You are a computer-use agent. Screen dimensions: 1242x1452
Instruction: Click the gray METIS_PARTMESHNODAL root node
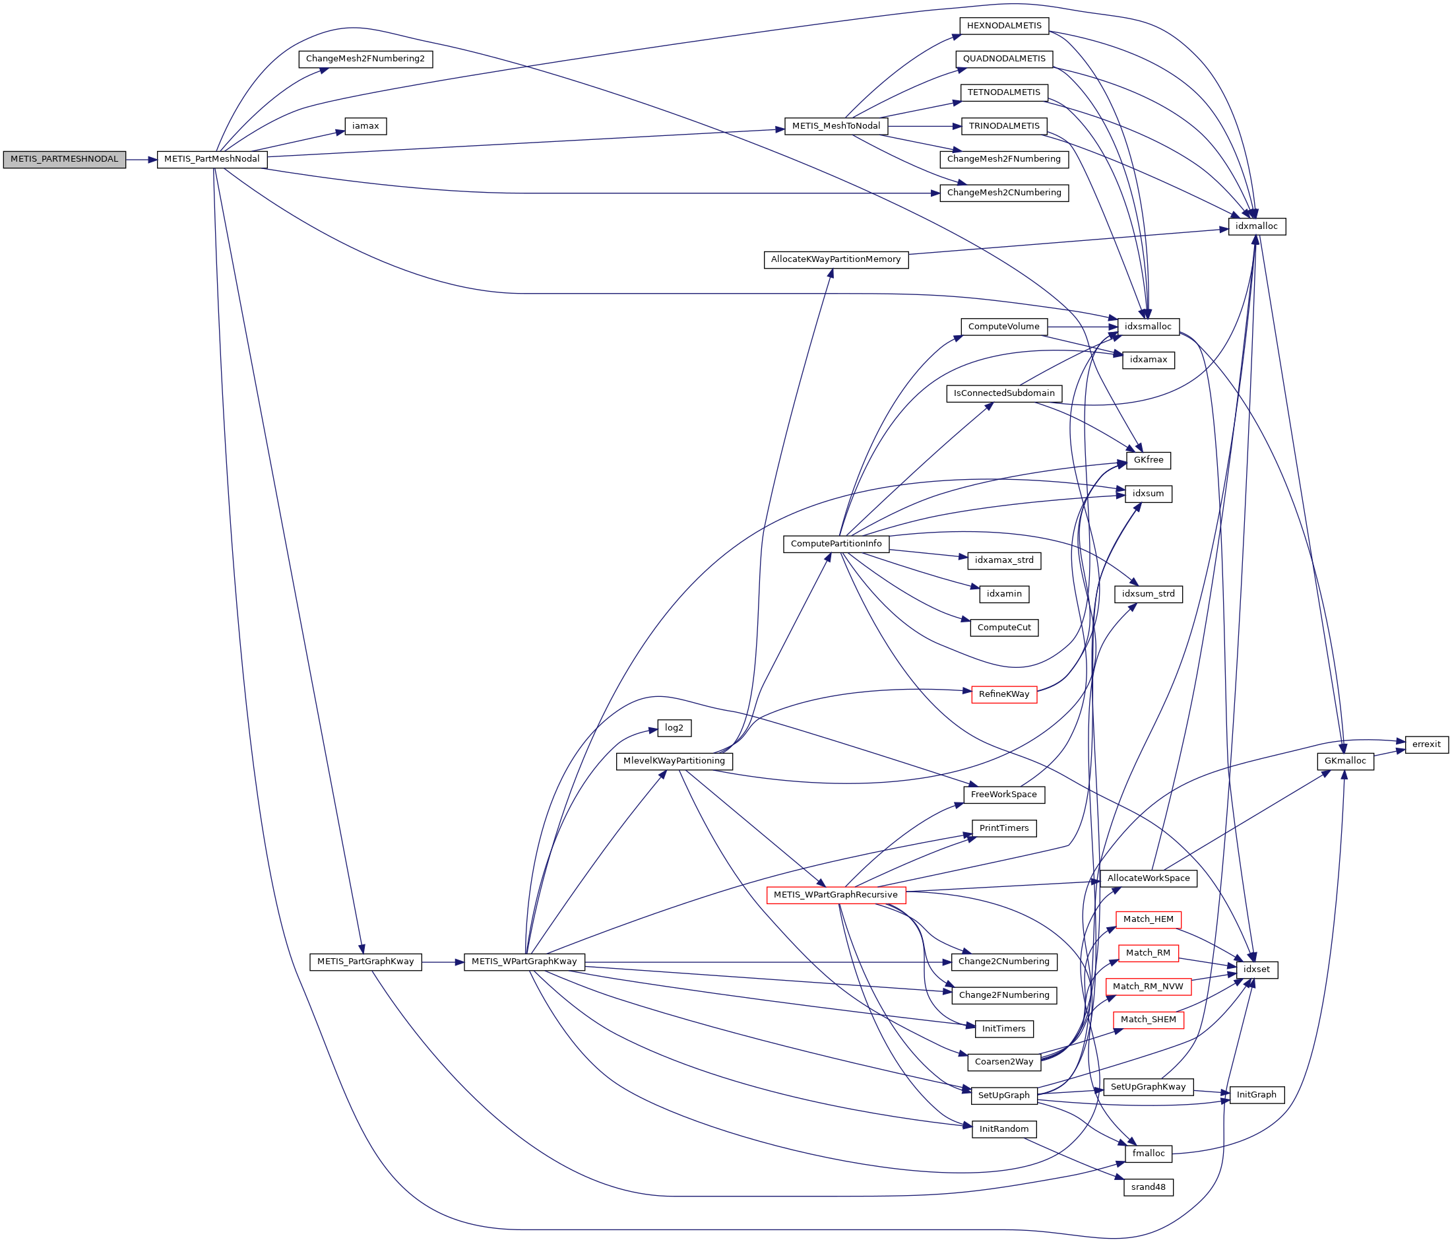point(64,159)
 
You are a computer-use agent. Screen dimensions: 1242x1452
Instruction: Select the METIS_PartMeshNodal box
point(212,159)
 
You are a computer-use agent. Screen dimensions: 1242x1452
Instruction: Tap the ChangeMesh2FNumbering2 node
point(365,59)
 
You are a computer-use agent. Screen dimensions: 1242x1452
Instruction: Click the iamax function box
point(365,126)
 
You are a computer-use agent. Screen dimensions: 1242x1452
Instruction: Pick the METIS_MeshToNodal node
point(836,126)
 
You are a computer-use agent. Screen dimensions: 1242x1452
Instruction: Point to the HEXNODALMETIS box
point(1004,26)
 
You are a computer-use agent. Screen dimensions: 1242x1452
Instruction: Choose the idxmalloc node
point(1257,226)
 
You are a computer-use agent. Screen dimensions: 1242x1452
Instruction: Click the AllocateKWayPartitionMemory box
point(835,259)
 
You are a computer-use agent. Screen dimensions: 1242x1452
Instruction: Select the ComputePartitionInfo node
point(836,544)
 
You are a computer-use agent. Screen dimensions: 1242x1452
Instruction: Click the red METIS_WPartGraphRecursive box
point(836,895)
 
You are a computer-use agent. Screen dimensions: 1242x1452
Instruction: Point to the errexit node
point(1426,744)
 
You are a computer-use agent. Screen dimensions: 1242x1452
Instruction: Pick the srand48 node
point(1149,1187)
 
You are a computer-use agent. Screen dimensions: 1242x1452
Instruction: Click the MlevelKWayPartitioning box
point(674,761)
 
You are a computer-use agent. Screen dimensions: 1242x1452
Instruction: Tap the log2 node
point(674,728)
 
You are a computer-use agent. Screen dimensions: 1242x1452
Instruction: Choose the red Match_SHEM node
point(1149,1020)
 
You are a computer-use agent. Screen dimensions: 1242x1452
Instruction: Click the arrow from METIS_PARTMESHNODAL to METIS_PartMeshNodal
point(141,160)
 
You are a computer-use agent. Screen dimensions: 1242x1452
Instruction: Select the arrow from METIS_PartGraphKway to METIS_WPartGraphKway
point(442,962)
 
